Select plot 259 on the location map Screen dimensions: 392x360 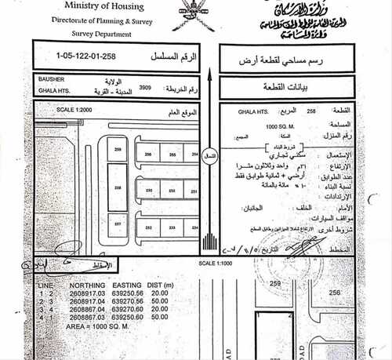[x=118, y=148]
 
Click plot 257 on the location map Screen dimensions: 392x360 [x=118, y=225]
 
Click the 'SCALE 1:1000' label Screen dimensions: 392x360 [x=217, y=263]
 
